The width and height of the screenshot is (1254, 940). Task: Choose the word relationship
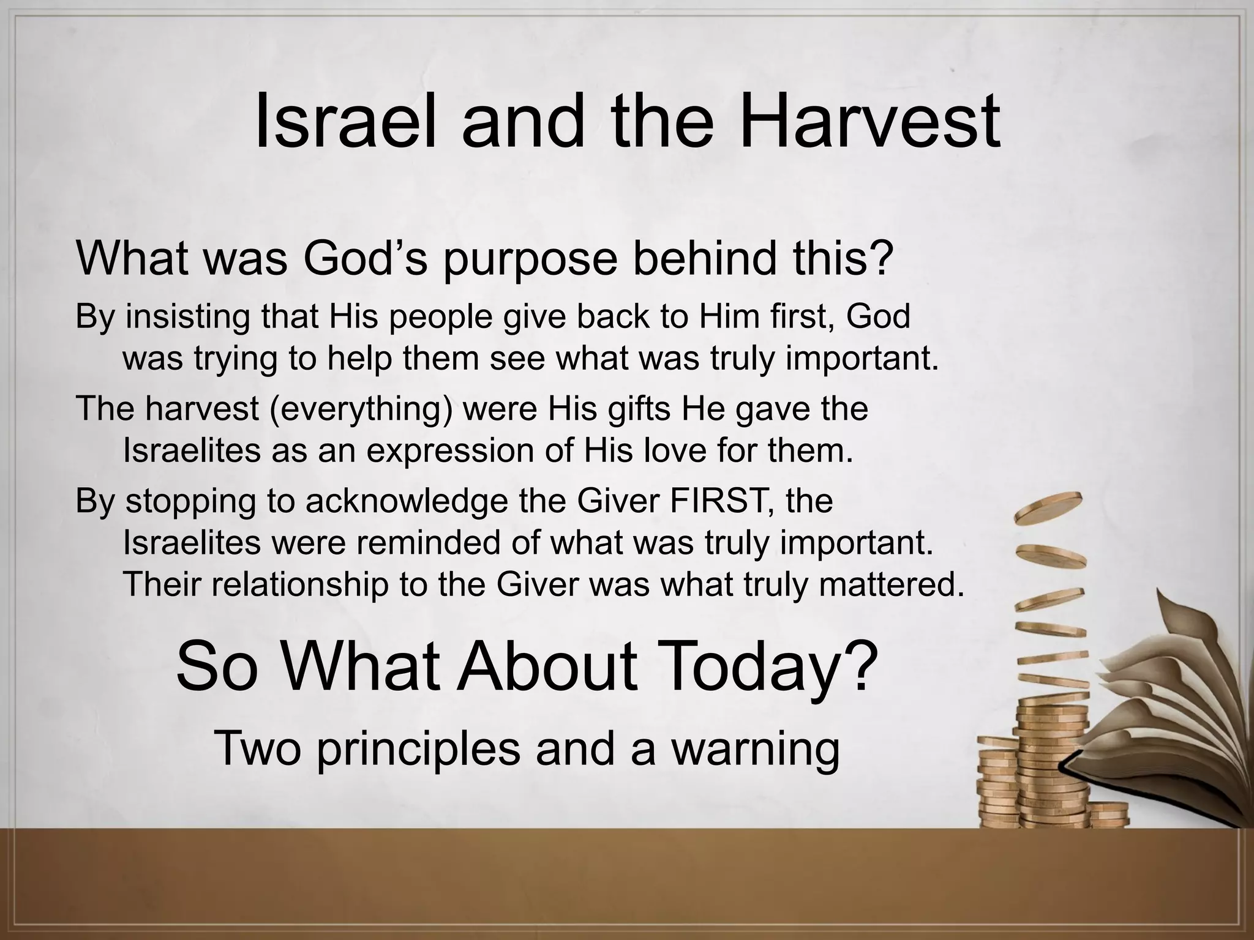coord(300,584)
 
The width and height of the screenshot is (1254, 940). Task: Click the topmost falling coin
coord(1048,507)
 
